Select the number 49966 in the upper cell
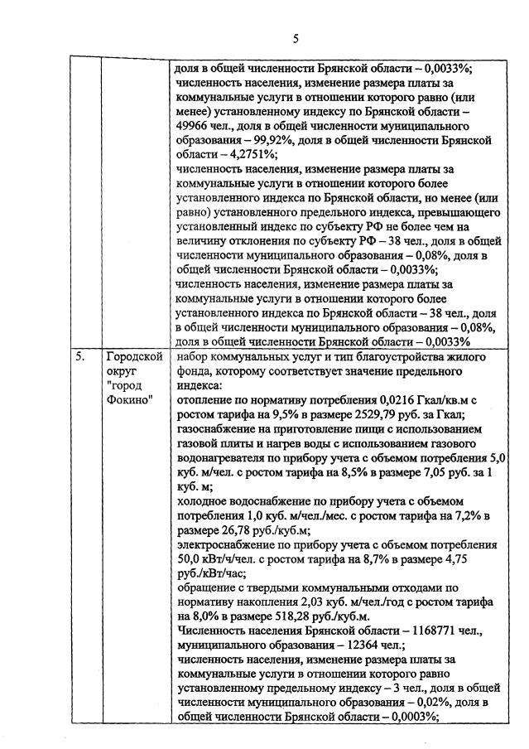(195, 124)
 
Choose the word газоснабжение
(217, 431)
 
